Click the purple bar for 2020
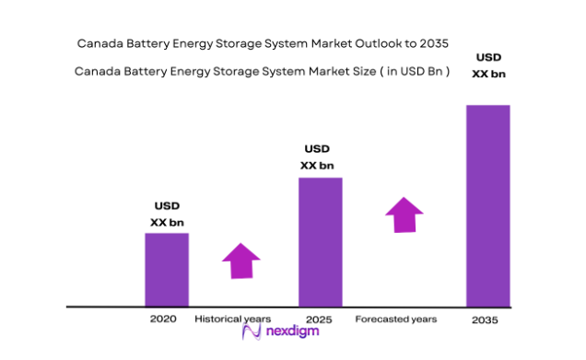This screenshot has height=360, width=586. [x=167, y=269]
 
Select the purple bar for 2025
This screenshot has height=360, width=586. [x=320, y=241]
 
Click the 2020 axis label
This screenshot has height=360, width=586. [x=163, y=319]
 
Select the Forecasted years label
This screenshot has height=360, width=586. [x=396, y=319]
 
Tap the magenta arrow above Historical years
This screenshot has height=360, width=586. [x=241, y=261]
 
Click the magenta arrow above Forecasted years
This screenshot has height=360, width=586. [x=404, y=215]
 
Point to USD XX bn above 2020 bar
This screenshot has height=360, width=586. [x=166, y=214]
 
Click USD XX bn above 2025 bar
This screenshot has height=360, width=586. [x=317, y=157]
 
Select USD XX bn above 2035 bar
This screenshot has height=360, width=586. [x=488, y=65]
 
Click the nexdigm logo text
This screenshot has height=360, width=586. [x=293, y=331]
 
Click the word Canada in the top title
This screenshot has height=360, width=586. [x=100, y=42]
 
